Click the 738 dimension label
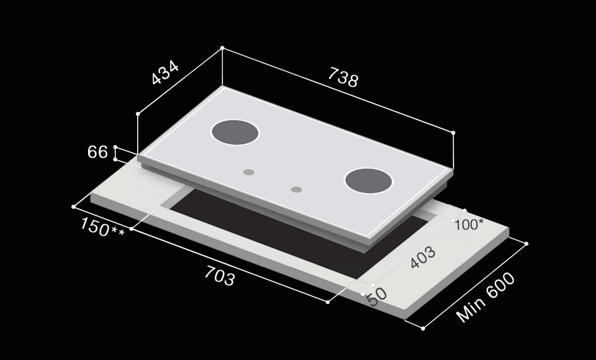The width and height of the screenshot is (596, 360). tap(343, 78)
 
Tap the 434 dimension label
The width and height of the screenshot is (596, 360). tap(165, 74)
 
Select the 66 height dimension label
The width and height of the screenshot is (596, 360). tap(98, 152)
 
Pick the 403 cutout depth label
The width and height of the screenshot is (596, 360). tap(423, 258)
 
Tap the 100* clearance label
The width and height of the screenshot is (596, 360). tap(468, 224)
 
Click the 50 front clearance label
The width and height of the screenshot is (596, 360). tap(377, 297)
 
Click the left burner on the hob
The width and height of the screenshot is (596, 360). tap(235, 132)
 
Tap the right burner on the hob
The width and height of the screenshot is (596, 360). tap(369, 180)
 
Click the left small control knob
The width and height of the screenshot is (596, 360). tap(249, 172)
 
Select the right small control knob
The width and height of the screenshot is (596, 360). tap(297, 189)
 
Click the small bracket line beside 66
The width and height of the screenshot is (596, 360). tap(115, 153)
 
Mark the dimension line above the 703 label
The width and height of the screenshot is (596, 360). tap(229, 265)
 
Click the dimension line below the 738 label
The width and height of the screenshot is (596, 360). tap(338, 90)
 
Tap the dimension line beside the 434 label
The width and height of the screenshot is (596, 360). tap(180, 81)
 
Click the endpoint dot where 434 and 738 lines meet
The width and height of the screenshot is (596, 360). tap(222, 48)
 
